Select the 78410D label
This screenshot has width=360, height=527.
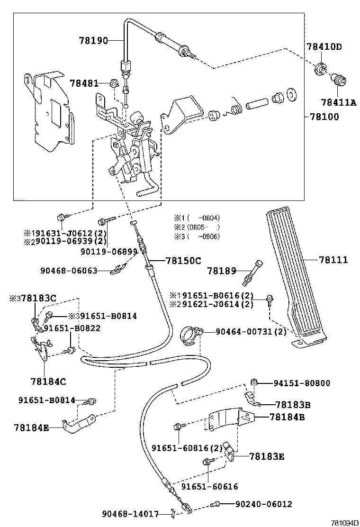(x=324, y=47)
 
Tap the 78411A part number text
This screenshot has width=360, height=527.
(x=338, y=102)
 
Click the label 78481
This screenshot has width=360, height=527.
(x=84, y=83)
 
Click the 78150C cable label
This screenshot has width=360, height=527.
(x=183, y=260)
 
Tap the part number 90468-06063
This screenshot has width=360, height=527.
(x=70, y=271)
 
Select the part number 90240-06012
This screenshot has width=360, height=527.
(x=263, y=504)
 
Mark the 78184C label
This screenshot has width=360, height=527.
(x=48, y=381)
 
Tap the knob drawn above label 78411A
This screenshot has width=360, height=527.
(x=339, y=79)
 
